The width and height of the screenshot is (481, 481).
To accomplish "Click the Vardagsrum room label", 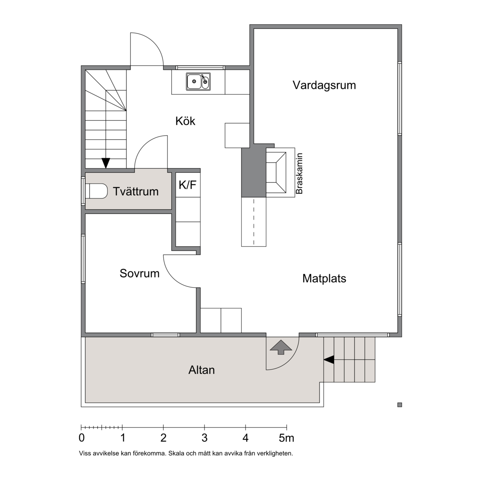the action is coord(324,85).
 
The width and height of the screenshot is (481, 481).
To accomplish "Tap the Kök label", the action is coord(185,121).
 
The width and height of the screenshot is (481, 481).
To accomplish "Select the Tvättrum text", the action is coord(136,191).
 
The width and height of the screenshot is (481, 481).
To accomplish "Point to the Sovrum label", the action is coord(139,273).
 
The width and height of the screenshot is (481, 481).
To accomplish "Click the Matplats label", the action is coord(324,278).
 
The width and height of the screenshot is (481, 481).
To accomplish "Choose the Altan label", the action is coord(202,370).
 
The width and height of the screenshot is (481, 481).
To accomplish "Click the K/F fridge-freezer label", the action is coord(187,185).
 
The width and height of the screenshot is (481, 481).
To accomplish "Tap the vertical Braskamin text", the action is coord(299,174).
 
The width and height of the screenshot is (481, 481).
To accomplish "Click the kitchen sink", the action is coord(198,81).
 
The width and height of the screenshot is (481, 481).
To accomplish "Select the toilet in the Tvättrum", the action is coord(96,191).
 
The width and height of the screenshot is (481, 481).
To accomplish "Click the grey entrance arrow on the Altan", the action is coord(281,347).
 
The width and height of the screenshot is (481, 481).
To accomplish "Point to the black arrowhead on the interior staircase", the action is coord(106,163).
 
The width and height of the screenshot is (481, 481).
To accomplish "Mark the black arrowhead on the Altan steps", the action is coord(329,359).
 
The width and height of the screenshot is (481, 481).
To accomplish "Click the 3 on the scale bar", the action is coord(205,438).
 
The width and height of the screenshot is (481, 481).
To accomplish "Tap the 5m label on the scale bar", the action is coord(286,438).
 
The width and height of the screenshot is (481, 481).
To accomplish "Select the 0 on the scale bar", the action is coord(81,438).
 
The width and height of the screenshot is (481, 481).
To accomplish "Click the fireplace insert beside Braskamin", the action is coord(276,172).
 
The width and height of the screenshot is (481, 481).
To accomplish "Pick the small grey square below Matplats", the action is coord(400,405).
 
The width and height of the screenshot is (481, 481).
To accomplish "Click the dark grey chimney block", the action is coord(254,172).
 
